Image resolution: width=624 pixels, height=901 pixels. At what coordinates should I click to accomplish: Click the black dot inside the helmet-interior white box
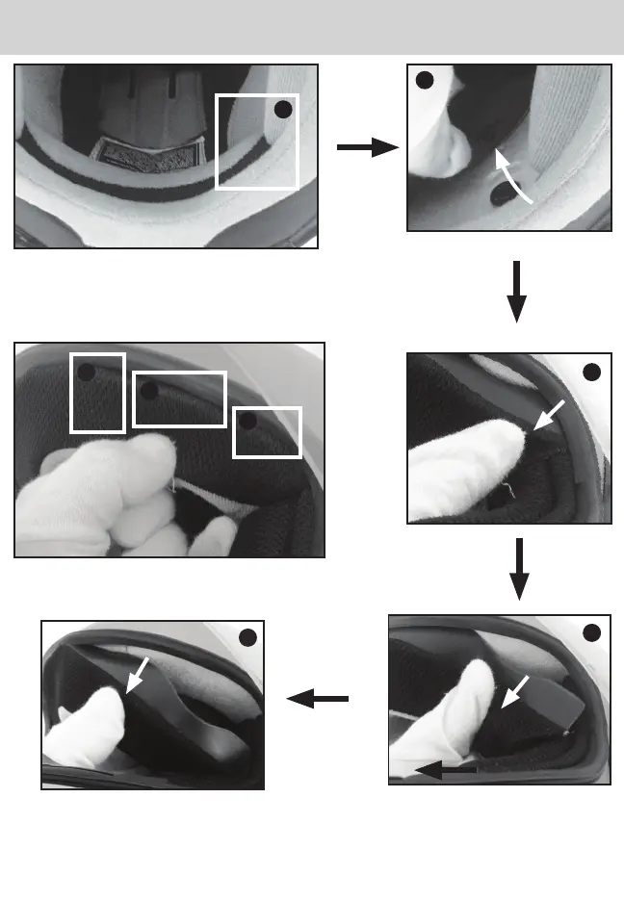(x=282, y=110)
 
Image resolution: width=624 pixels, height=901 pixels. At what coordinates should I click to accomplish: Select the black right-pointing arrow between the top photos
(x=367, y=147)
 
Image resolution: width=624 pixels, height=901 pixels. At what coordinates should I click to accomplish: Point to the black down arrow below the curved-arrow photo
(x=517, y=290)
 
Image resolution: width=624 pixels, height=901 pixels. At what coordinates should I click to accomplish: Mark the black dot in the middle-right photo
(x=593, y=372)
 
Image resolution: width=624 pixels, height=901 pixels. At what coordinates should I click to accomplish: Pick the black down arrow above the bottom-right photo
(x=519, y=569)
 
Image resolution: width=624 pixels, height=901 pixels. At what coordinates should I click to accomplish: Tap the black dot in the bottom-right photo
(x=592, y=631)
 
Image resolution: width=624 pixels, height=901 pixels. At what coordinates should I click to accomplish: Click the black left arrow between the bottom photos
(x=318, y=702)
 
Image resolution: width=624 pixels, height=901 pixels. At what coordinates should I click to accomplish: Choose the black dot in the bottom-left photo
(x=247, y=637)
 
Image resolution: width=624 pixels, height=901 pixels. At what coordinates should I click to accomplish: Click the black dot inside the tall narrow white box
(x=87, y=373)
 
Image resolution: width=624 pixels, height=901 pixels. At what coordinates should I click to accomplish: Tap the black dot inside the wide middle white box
(x=148, y=391)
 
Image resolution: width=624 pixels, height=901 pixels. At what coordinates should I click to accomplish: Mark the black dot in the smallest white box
(x=247, y=422)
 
